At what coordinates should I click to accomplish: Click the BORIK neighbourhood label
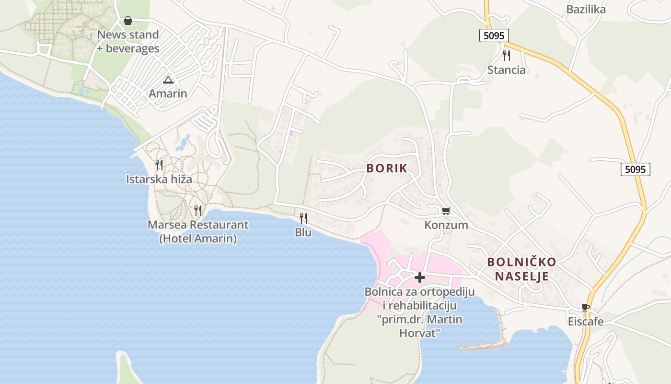(x=387, y=168)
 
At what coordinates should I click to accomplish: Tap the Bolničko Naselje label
(x=521, y=269)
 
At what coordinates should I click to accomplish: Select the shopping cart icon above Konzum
(x=446, y=211)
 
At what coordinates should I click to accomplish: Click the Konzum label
(x=446, y=225)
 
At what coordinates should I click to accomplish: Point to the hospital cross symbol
(x=420, y=277)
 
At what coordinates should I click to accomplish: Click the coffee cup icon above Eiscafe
(x=585, y=307)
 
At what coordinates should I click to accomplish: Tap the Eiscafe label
(x=585, y=321)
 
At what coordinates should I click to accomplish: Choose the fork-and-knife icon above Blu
(x=303, y=218)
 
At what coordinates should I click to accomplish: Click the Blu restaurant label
(x=303, y=232)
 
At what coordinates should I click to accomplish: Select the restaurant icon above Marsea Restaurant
(x=197, y=210)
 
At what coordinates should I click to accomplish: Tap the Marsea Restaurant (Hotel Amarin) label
(x=198, y=231)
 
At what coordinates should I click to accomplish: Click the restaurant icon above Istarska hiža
(x=159, y=165)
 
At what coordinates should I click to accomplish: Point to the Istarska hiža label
(x=159, y=180)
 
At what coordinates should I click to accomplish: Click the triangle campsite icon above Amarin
(x=168, y=80)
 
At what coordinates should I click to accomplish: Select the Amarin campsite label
(x=168, y=93)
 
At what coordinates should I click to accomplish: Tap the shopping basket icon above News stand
(x=128, y=21)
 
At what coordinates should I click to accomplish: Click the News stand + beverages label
(x=128, y=41)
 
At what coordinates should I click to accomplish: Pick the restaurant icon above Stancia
(x=506, y=56)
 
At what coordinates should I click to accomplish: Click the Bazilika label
(x=586, y=9)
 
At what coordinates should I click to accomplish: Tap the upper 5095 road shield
(x=494, y=35)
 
